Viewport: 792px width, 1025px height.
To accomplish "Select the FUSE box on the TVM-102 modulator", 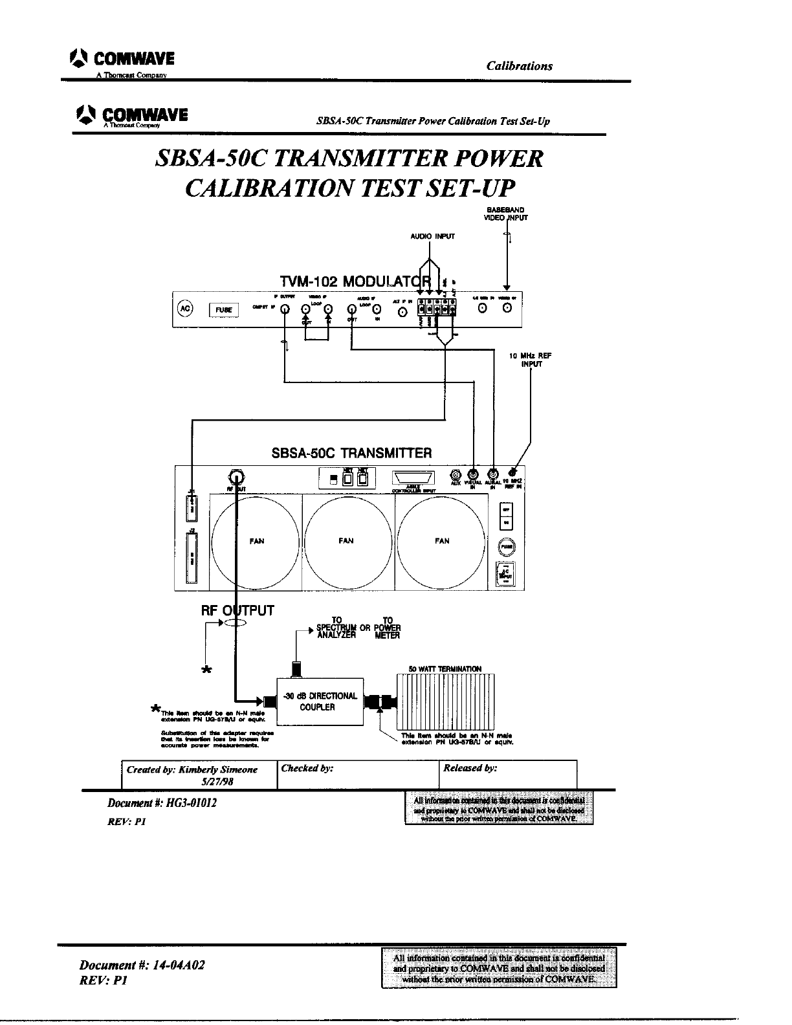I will [224, 310].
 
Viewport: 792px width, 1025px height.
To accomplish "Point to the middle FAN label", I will [346, 541].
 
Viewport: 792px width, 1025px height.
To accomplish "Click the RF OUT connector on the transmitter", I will [236, 477].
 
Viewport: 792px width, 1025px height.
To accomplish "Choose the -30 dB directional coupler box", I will [320, 701].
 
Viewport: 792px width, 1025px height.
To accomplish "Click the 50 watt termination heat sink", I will [445, 701].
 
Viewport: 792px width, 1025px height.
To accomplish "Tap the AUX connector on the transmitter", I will [456, 474].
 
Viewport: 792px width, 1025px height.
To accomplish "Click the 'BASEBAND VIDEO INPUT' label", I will [506, 214].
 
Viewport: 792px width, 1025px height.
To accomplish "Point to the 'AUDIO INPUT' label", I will [433, 236].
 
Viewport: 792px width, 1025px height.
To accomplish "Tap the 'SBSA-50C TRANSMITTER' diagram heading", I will [351, 453].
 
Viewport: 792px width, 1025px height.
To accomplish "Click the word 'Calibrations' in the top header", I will [520, 66].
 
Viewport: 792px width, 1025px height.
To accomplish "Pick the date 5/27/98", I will [217, 781].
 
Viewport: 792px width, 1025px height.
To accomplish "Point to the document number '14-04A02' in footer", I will [179, 965].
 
